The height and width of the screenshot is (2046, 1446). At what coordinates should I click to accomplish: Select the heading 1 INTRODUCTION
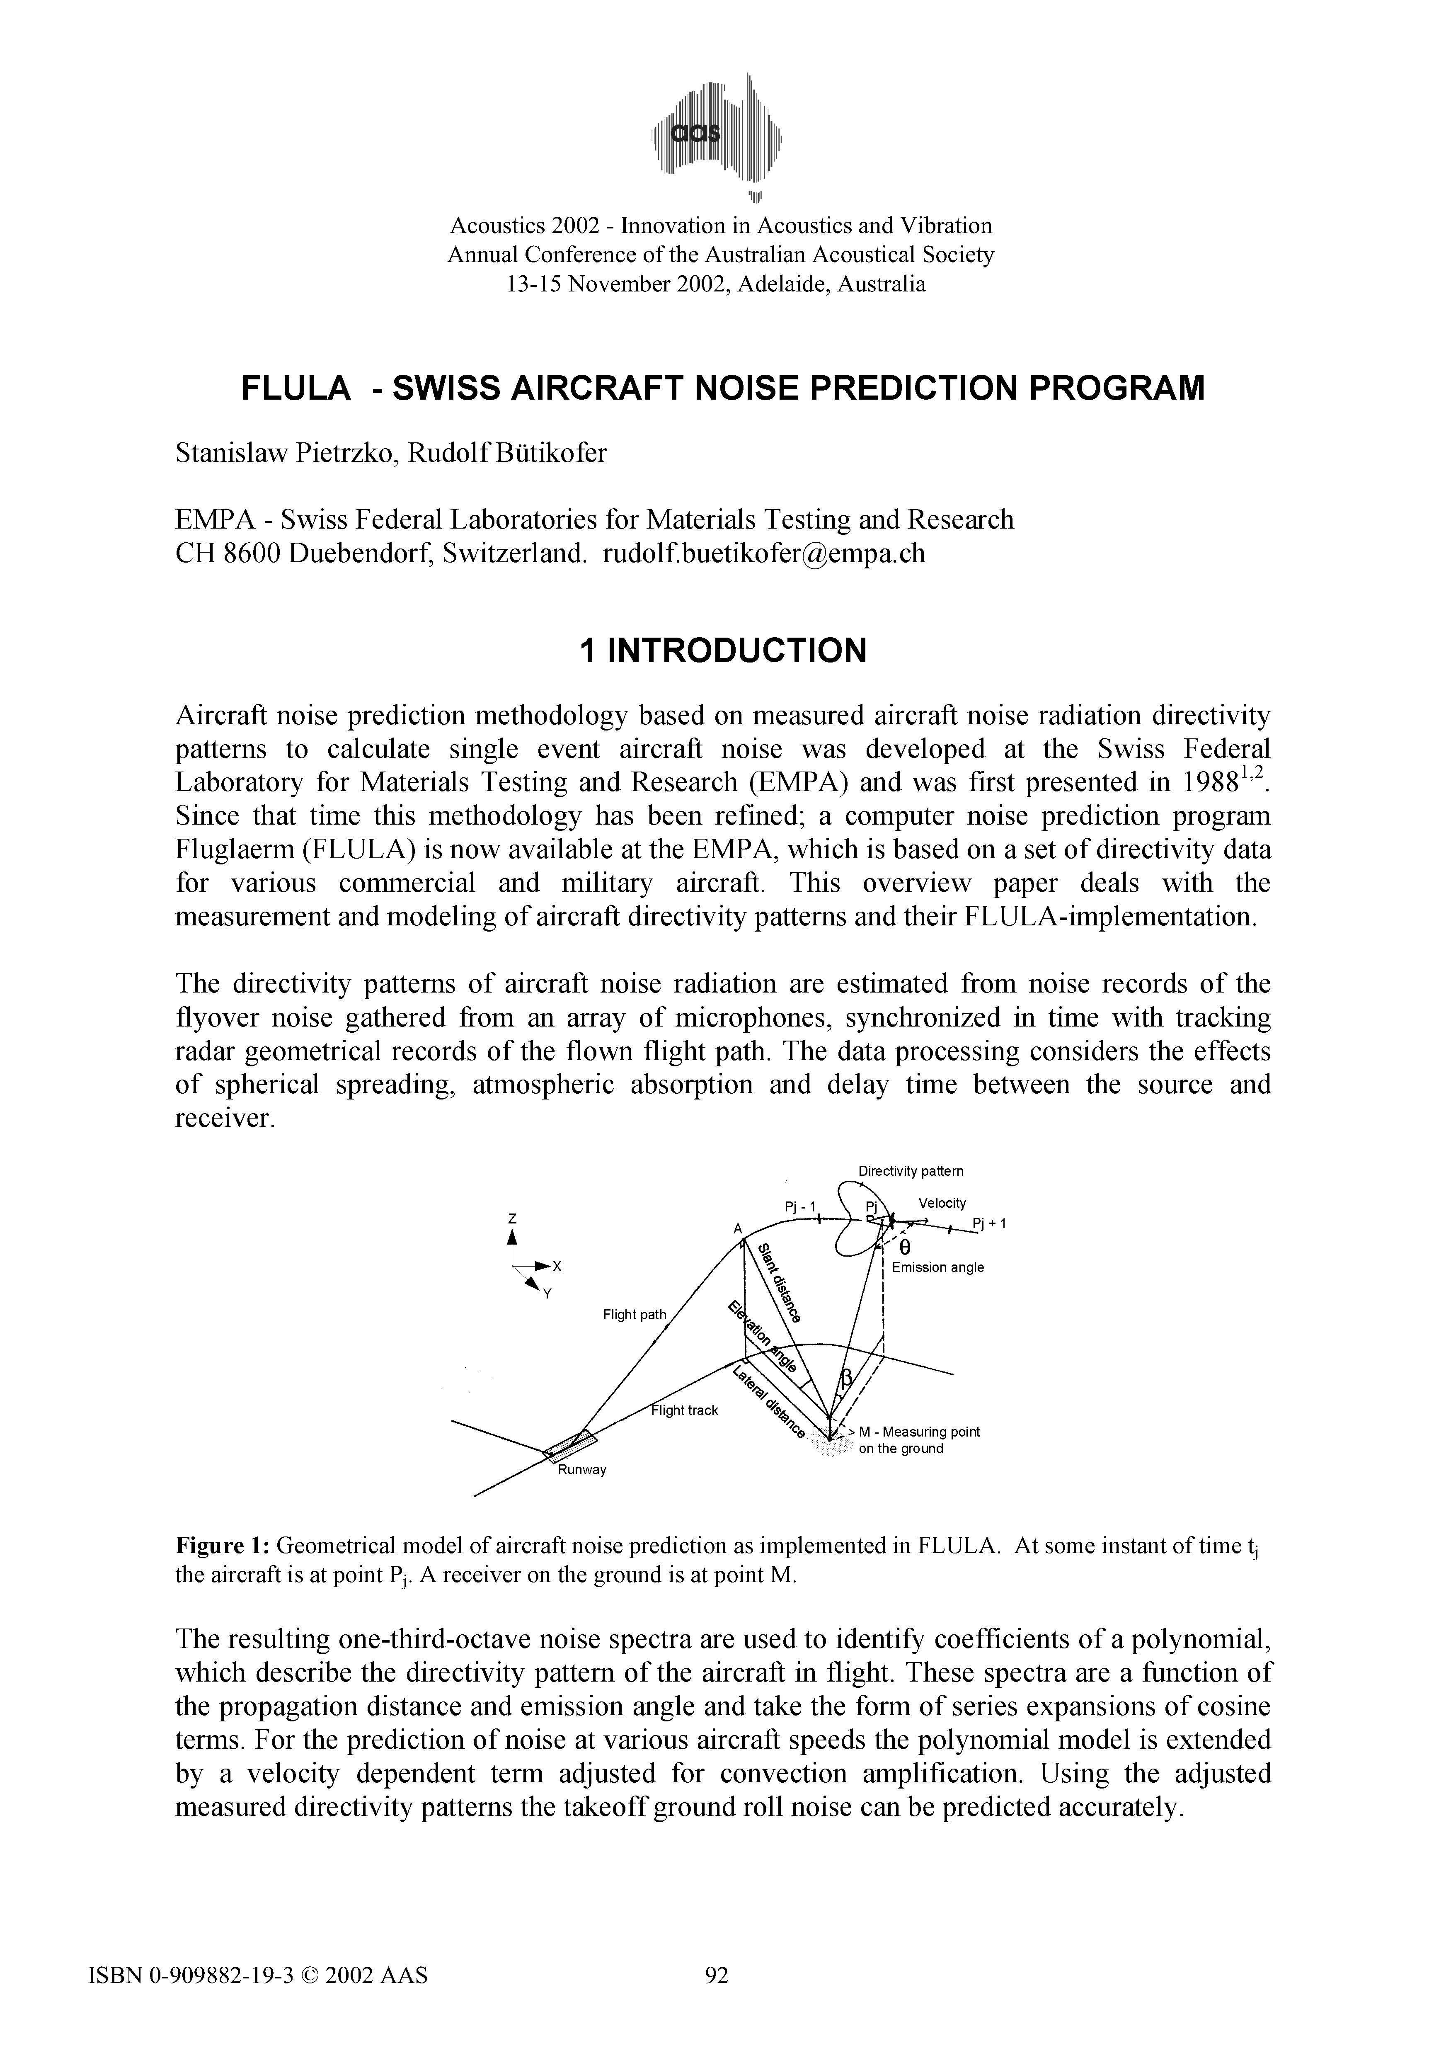(x=722, y=650)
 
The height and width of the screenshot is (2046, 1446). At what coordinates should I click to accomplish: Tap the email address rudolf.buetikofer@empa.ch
(x=763, y=553)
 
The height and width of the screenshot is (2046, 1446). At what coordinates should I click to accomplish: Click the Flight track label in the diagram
(x=684, y=1410)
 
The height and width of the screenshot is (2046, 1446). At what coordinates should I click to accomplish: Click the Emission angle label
(x=937, y=1267)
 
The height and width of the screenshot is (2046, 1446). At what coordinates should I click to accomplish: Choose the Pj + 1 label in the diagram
(x=989, y=1223)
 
